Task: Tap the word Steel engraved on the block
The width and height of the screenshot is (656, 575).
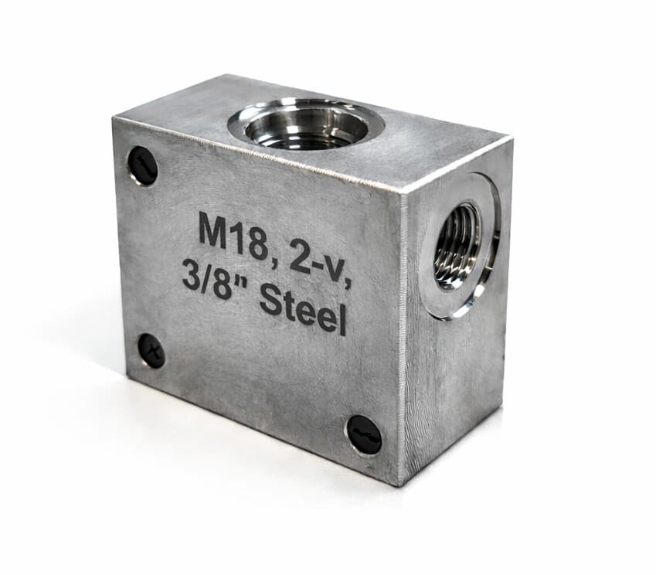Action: [304, 308]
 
